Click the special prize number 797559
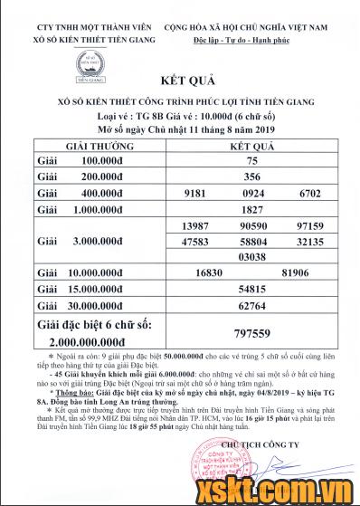coord(251,332)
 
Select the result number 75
coord(251,160)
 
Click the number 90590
coord(251,224)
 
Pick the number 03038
coord(251,257)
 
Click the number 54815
coord(251,290)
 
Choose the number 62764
coord(251,307)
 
